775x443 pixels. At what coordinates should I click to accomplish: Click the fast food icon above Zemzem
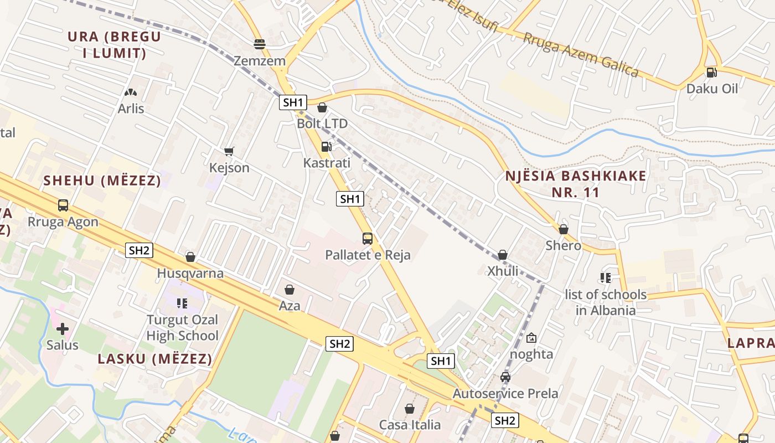(x=260, y=44)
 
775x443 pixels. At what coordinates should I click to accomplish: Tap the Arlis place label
(x=131, y=108)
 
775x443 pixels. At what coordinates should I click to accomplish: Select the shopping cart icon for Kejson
(x=229, y=151)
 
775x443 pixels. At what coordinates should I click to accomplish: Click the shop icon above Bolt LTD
(x=322, y=107)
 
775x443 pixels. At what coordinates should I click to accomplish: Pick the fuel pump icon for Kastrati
(x=327, y=147)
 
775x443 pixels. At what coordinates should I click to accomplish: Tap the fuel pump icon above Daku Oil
(x=712, y=72)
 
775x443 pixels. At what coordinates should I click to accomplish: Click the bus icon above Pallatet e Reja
(x=368, y=239)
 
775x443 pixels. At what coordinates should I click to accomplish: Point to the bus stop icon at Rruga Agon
(x=63, y=205)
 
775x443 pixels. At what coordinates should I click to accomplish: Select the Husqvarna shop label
(x=190, y=273)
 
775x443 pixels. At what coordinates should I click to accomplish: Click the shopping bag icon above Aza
(x=289, y=290)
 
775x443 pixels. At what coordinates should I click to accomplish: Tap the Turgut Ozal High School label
(x=182, y=327)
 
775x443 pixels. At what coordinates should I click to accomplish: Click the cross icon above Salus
(x=63, y=329)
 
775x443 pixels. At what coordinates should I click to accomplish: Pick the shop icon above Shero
(x=564, y=229)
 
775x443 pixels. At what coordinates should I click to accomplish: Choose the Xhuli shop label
(x=503, y=271)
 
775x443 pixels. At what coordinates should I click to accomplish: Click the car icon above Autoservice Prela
(x=505, y=378)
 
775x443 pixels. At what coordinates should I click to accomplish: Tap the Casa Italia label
(x=410, y=425)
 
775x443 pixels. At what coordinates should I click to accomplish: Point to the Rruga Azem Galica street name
(x=581, y=55)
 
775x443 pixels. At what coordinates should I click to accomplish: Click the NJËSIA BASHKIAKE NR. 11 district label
(x=576, y=184)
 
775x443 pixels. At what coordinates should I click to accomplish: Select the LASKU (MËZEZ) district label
(x=155, y=359)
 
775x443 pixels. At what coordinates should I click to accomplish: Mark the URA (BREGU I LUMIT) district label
(x=114, y=45)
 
